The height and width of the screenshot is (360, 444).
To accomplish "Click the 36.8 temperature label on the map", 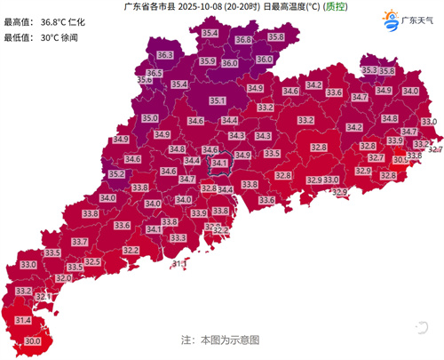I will pyautogui.click(x=245, y=40).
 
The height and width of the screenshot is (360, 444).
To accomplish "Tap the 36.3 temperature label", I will pyautogui.click(x=153, y=55).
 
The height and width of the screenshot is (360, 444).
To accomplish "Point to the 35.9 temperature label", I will pyautogui.click(x=208, y=61).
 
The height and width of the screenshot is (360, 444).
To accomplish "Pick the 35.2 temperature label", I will pyautogui.click(x=115, y=175).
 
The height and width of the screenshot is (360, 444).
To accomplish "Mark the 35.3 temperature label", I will pyautogui.click(x=369, y=69).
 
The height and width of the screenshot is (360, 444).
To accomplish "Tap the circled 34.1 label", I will pyautogui.click(x=195, y=164).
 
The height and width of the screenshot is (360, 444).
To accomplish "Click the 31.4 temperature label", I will pyautogui.click(x=23, y=320).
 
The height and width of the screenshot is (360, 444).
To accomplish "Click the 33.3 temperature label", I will pyautogui.click(x=178, y=238).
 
